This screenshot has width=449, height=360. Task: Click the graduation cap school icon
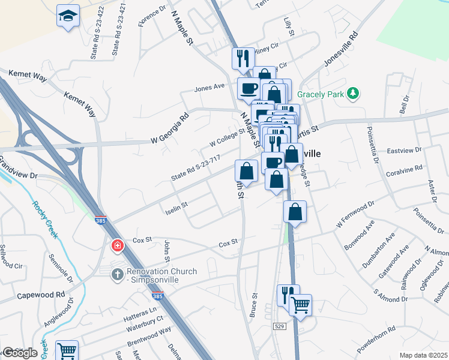(x=68, y=17)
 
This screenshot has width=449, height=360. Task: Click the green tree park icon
(x=354, y=93)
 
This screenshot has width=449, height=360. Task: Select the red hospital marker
(x=118, y=245)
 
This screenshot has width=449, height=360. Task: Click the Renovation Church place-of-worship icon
(x=118, y=273)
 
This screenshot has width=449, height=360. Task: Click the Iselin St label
(x=176, y=208)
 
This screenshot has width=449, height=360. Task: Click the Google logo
(x=19, y=353)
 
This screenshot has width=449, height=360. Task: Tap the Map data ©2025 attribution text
(x=423, y=355)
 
